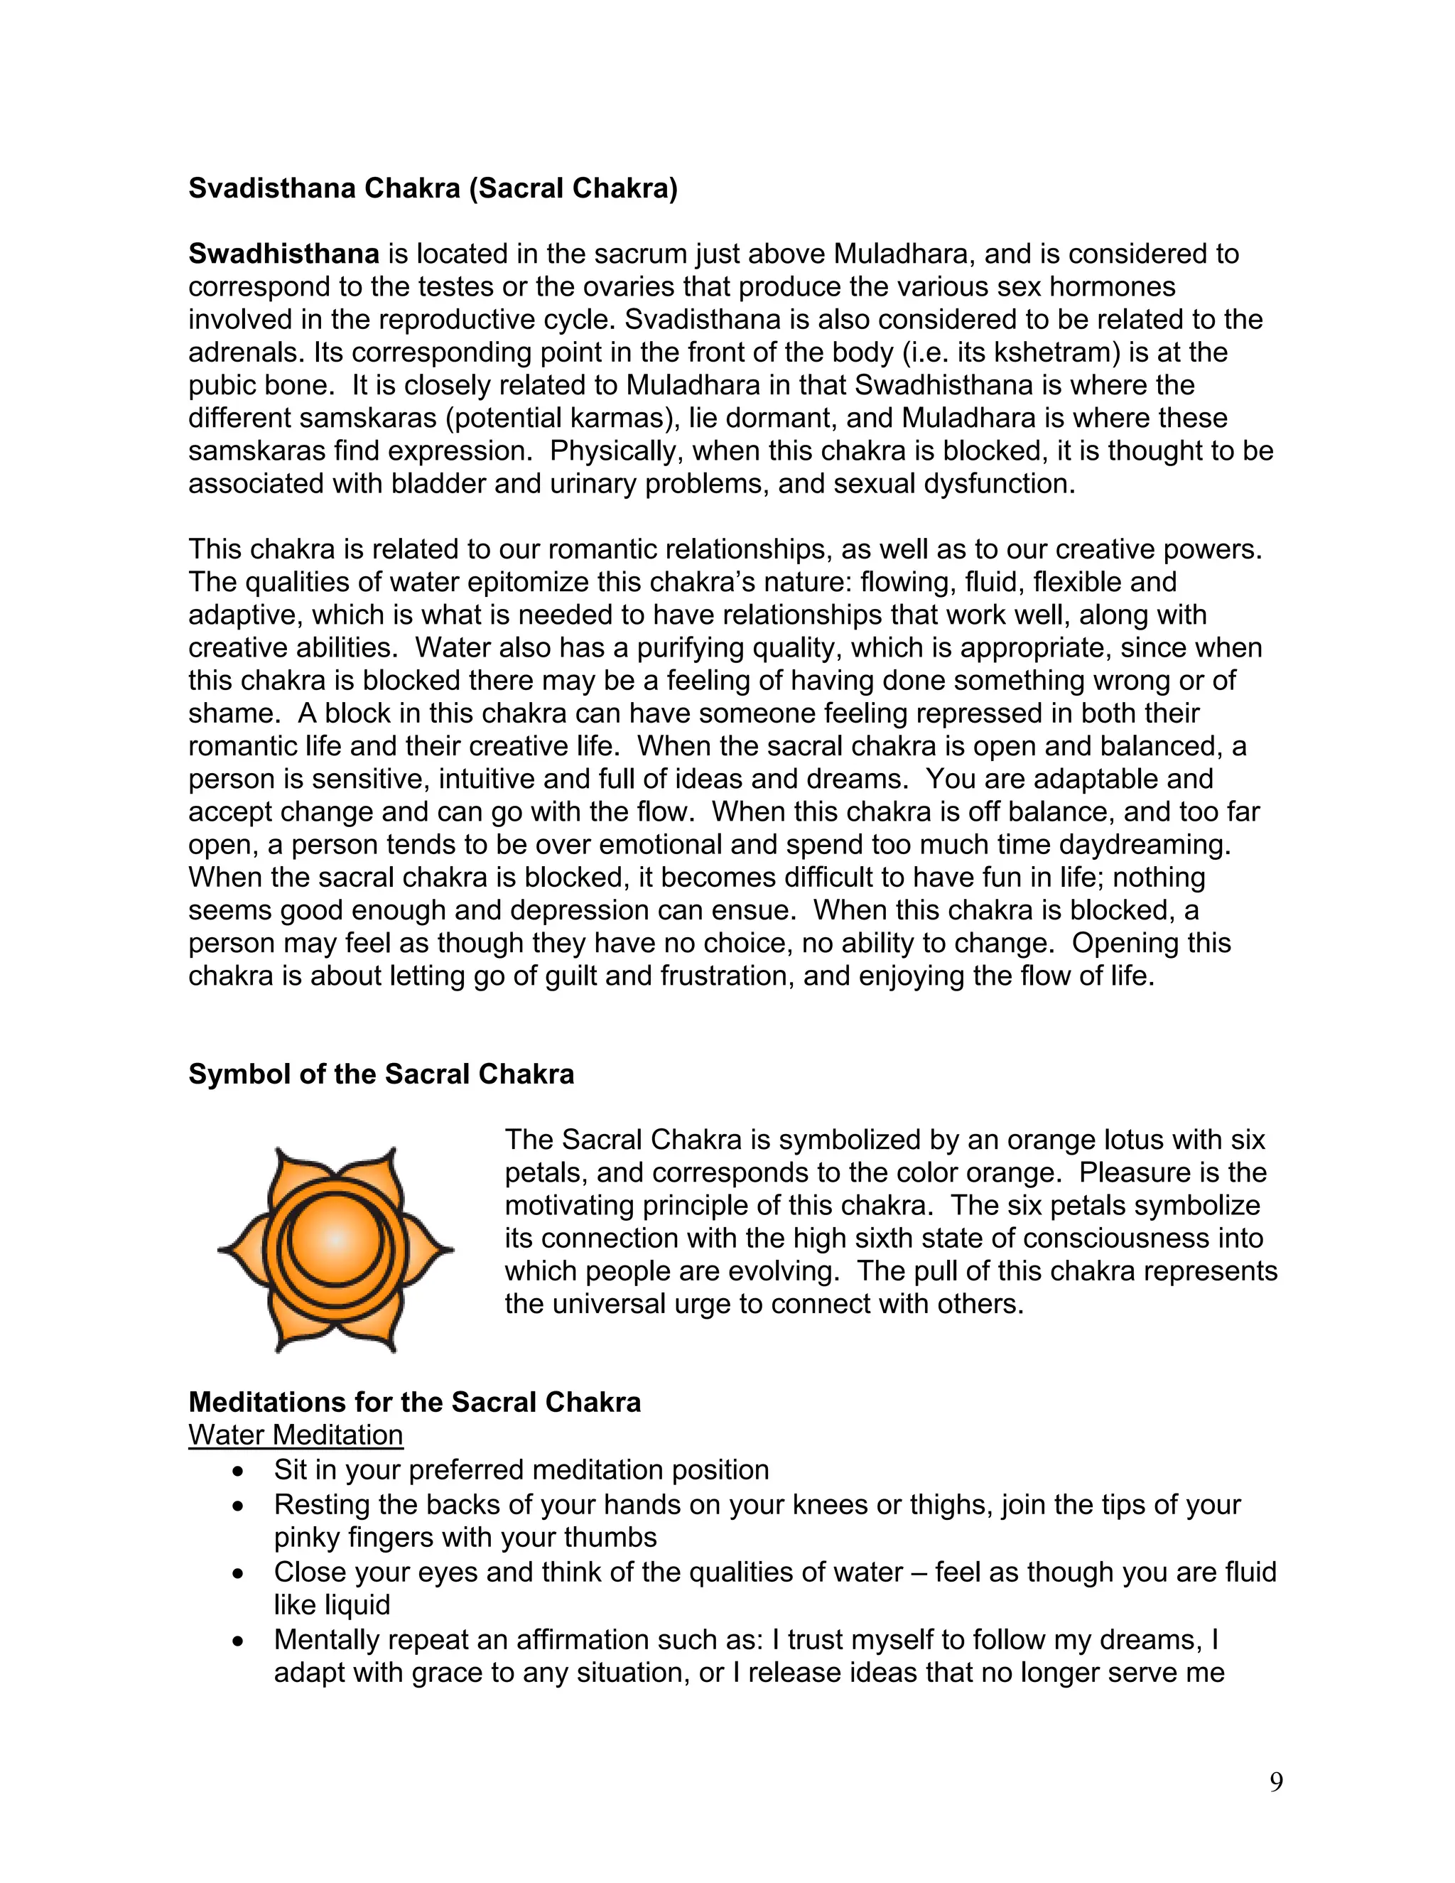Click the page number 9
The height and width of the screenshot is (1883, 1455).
[1276, 1782]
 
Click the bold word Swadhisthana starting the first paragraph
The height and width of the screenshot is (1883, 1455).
[283, 254]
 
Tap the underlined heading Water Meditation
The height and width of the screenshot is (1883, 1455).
[296, 1435]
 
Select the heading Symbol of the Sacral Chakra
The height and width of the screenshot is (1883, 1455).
[381, 1074]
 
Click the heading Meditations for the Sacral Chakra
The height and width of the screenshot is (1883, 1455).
[415, 1402]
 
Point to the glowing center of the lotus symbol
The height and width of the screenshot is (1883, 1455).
[335, 1240]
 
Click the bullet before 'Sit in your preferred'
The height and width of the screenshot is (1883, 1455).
[239, 1471]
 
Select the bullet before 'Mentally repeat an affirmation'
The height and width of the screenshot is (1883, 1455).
[239, 1641]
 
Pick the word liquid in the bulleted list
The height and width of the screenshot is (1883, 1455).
[357, 1604]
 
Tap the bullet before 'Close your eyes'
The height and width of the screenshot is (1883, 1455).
[239, 1573]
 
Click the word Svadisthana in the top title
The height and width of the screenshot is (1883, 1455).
[272, 188]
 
